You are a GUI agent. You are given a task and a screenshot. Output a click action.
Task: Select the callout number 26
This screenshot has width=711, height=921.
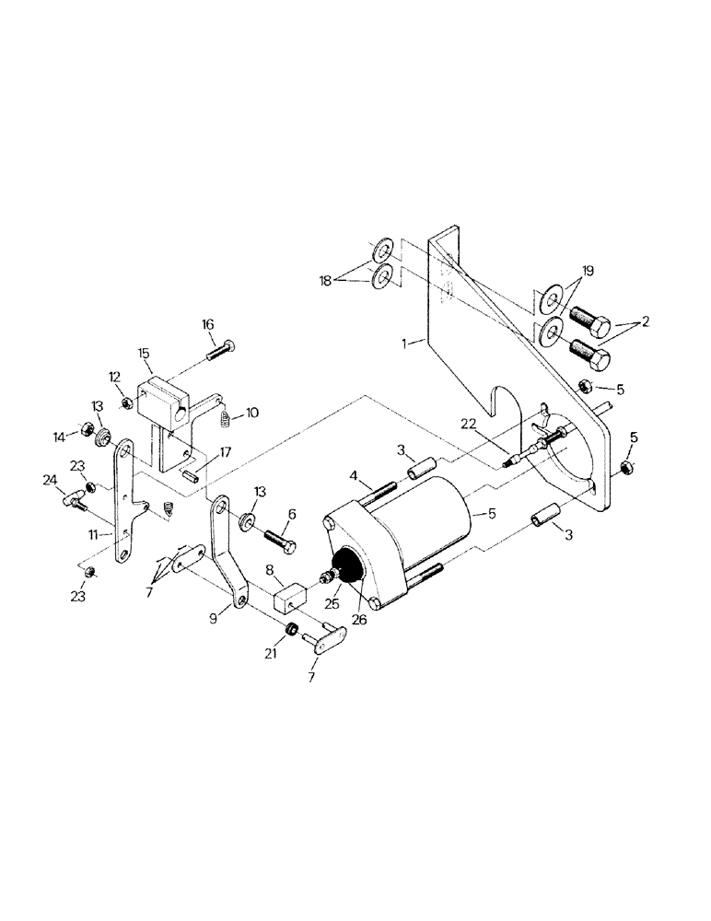358,620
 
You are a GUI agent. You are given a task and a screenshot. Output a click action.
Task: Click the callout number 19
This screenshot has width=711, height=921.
588,273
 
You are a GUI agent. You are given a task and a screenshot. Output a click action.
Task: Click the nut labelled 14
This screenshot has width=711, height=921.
83,428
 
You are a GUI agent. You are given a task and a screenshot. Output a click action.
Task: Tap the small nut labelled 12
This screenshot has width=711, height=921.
126,402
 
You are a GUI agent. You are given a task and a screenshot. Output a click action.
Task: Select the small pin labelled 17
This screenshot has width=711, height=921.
191,473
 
